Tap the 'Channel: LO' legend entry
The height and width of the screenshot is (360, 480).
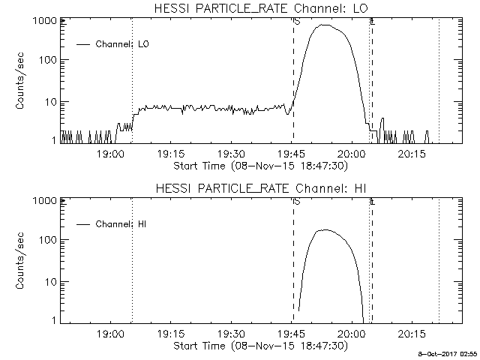coord(123,44)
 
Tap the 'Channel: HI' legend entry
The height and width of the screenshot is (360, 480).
coord(123,224)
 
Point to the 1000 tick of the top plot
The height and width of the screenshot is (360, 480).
coord(46,21)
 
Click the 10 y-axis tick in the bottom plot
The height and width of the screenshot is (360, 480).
coord(50,281)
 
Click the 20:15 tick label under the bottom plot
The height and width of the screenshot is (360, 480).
coord(412,334)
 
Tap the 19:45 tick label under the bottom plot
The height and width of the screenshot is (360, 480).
coord(291,334)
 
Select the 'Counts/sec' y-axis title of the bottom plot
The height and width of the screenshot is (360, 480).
coord(22,261)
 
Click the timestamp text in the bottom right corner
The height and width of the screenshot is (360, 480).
coord(448,352)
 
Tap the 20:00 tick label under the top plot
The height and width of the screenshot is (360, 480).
coord(351,154)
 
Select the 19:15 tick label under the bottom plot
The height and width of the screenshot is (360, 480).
coord(170,334)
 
